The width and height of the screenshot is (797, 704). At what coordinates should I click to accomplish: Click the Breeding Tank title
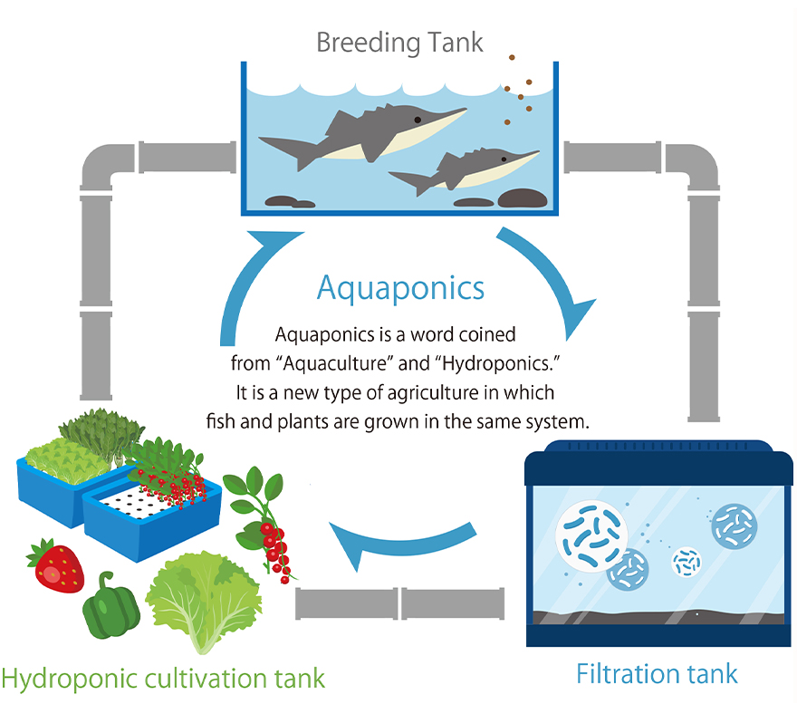click(x=399, y=43)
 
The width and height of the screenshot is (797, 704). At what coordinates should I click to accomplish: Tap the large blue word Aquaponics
click(x=400, y=289)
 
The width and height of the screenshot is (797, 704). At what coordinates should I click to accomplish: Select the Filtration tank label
click(x=657, y=674)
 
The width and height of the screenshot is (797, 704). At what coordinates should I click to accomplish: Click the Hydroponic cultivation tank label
click(x=163, y=679)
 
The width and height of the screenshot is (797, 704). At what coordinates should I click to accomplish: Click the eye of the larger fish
click(x=418, y=120)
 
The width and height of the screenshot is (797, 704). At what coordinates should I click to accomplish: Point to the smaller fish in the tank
click(x=464, y=171)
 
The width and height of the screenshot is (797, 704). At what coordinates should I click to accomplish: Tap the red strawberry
click(x=57, y=566)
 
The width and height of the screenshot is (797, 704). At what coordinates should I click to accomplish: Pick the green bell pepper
click(x=110, y=606)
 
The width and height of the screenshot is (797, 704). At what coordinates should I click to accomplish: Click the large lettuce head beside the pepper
click(x=203, y=599)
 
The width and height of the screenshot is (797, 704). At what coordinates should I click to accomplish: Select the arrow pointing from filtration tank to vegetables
click(x=401, y=545)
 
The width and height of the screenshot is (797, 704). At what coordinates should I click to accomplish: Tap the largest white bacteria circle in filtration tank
click(x=591, y=536)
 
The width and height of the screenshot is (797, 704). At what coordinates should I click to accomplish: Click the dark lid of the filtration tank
click(x=658, y=463)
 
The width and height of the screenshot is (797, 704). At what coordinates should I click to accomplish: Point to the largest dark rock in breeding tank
click(x=522, y=198)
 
